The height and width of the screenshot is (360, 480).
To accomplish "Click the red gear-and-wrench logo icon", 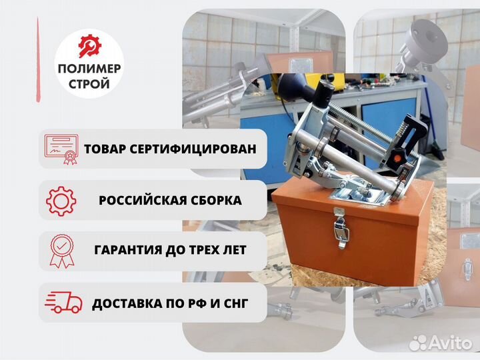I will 89,47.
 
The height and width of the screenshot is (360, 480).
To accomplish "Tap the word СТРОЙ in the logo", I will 89,85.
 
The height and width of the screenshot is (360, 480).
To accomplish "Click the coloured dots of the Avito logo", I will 421,342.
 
